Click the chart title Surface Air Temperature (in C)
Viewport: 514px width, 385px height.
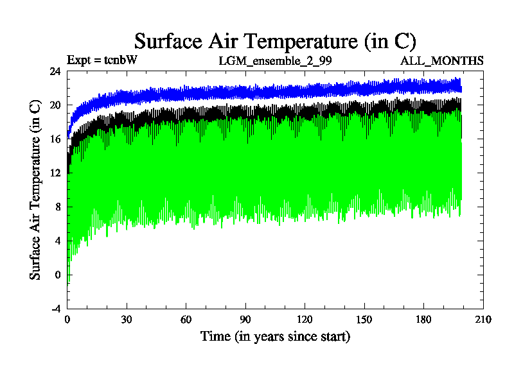pyautogui.click(x=275, y=41)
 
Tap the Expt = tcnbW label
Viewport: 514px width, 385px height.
pyautogui.click(x=102, y=61)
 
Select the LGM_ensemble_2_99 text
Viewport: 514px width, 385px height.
pyautogui.click(x=275, y=61)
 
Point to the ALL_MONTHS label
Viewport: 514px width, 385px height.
pyautogui.click(x=441, y=61)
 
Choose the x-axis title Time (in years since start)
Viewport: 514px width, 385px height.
pyautogui.click(x=275, y=336)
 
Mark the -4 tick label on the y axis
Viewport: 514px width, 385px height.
pyautogui.click(x=56, y=309)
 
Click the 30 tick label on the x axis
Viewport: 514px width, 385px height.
pyautogui.click(x=127, y=320)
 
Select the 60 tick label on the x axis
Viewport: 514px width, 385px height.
pyautogui.click(x=186, y=320)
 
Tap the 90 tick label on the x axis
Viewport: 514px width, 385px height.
pyautogui.click(x=245, y=320)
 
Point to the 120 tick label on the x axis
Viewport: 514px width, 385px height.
pyautogui.click(x=305, y=320)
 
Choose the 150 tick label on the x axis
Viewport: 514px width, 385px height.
pyautogui.click(x=364, y=320)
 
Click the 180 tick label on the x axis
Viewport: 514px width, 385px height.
pyautogui.click(x=423, y=320)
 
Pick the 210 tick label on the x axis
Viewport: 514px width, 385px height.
pyautogui.click(x=483, y=320)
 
